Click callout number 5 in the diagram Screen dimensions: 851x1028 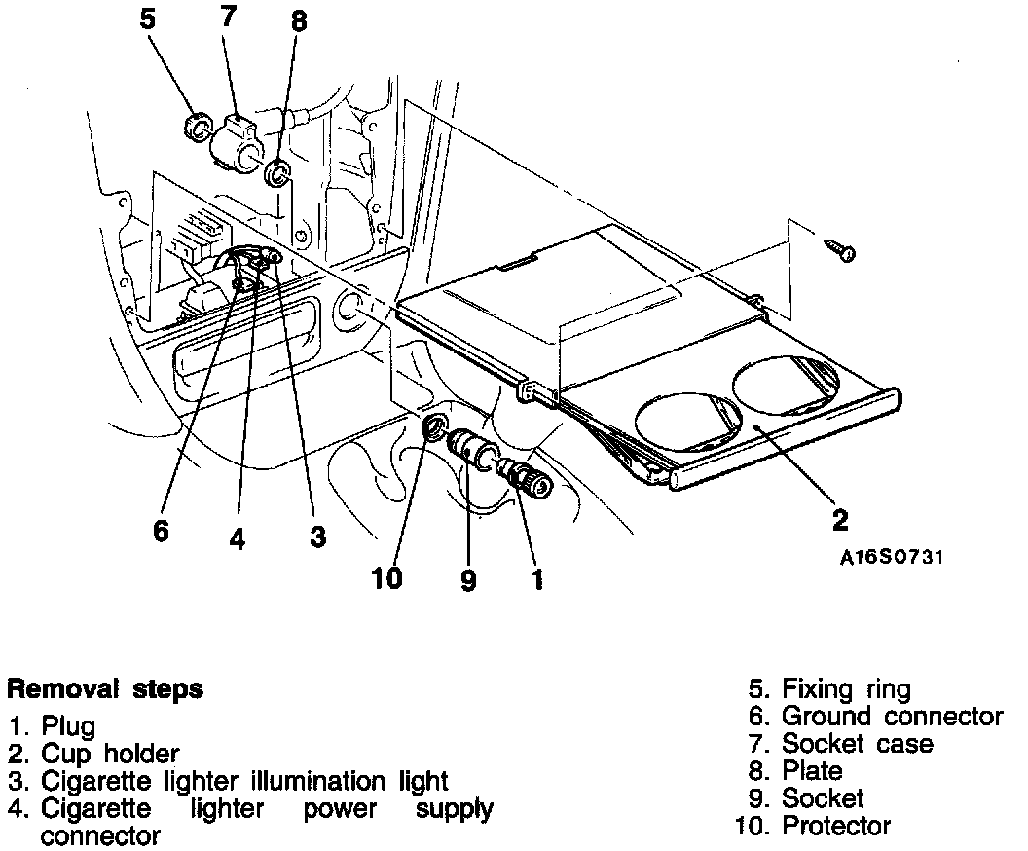[148, 18]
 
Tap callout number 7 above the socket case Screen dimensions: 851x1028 [230, 16]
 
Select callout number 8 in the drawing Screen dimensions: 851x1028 [298, 21]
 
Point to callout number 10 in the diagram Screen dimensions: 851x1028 [386, 578]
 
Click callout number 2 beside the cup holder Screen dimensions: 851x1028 [840, 519]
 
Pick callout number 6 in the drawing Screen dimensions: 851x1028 [161, 532]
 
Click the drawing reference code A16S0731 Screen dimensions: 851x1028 [893, 558]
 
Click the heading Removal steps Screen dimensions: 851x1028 [105, 689]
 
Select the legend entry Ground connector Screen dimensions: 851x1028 [891, 718]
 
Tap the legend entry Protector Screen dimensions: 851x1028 [835, 827]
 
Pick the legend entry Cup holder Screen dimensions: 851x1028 [110, 754]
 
